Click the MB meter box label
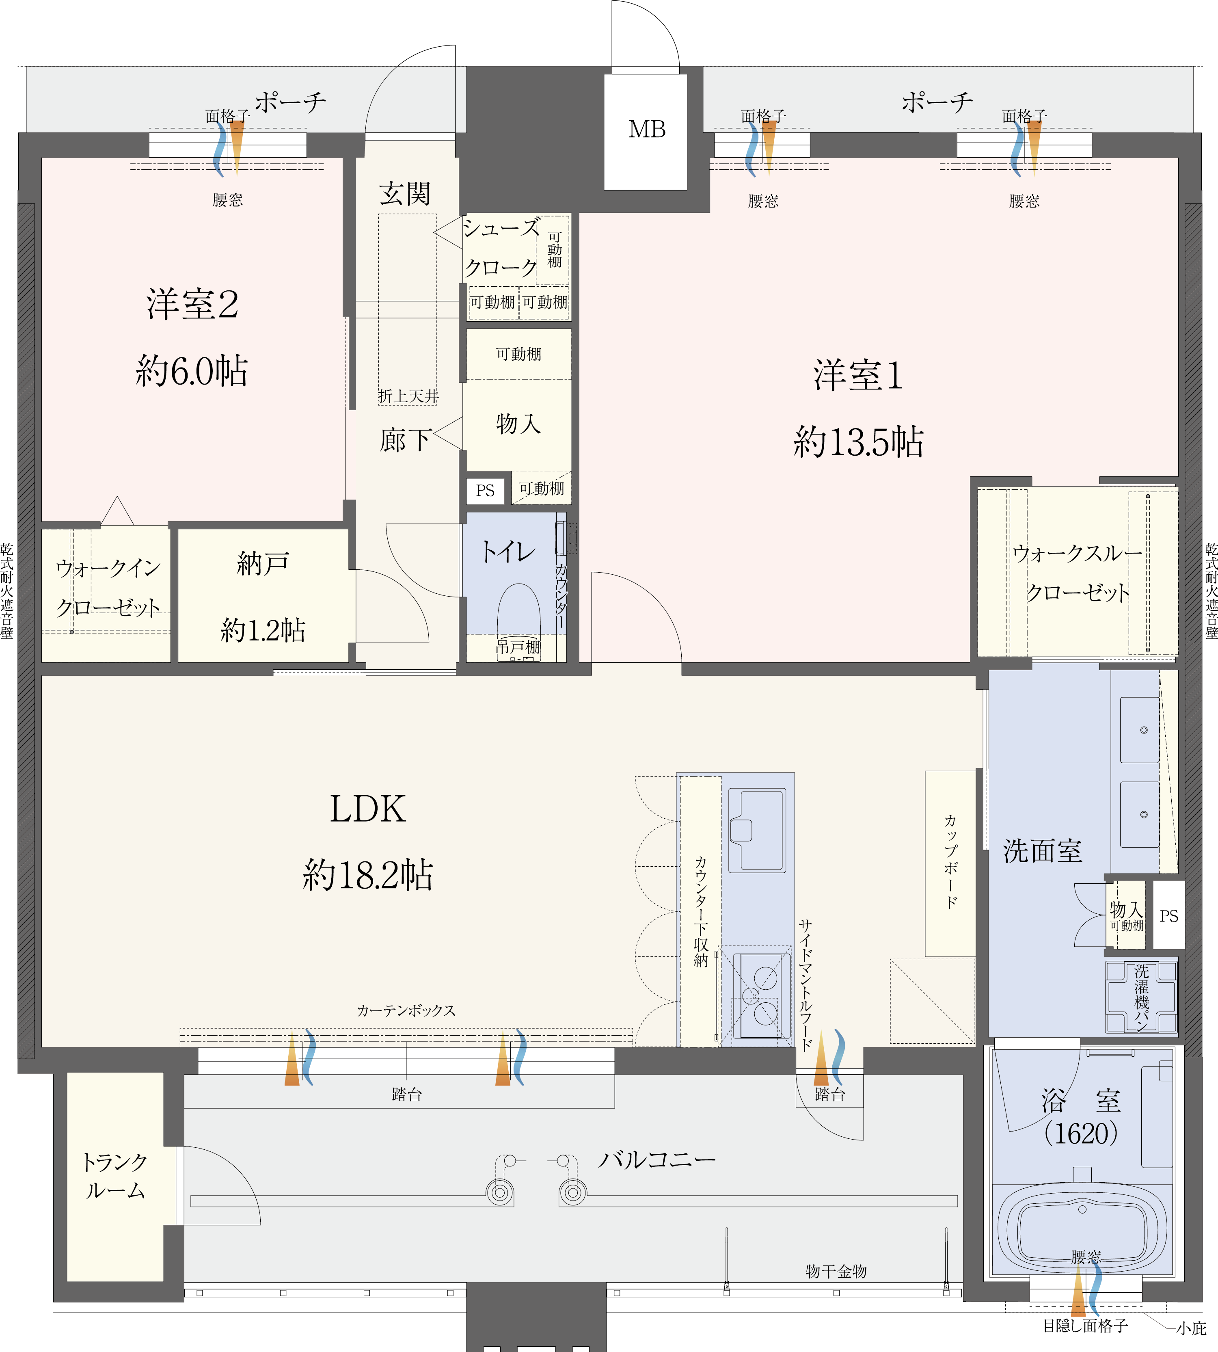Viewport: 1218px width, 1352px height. coord(646,129)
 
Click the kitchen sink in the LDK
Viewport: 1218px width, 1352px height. coord(757,830)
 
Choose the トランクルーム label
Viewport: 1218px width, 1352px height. coord(114,1176)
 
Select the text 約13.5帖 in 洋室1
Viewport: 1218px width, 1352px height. coord(859,442)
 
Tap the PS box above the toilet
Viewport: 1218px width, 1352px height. coord(485,491)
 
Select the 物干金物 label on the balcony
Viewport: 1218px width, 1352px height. coord(836,1271)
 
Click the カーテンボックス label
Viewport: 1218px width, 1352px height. coord(406,1011)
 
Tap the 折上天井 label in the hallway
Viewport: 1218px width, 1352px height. coord(408,396)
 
